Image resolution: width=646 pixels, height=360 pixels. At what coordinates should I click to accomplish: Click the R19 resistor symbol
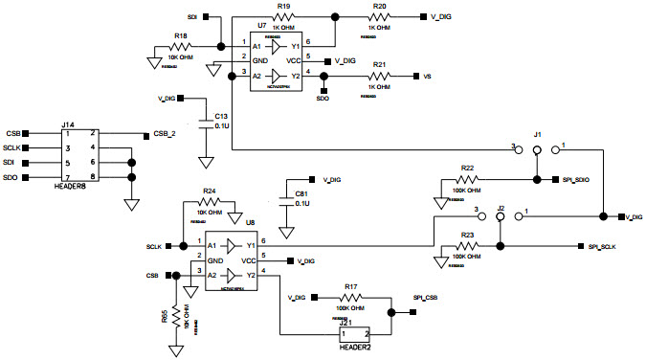coord(283,17)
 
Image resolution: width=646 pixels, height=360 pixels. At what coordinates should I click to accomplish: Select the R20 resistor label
coord(379,6)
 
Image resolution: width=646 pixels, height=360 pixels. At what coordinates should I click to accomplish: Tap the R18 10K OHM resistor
coord(180,47)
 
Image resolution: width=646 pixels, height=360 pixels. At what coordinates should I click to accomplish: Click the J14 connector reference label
coord(68,124)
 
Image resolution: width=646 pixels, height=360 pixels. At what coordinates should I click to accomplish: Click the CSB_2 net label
coord(166,134)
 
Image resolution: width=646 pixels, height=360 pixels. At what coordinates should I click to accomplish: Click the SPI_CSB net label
coord(426,298)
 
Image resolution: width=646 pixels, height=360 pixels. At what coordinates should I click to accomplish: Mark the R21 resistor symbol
coord(379,76)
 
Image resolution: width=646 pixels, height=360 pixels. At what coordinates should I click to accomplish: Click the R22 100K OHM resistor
coord(467,179)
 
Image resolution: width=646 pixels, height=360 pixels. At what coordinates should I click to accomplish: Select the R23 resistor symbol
coord(467,247)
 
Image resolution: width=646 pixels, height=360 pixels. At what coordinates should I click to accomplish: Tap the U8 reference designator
coord(250,222)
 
